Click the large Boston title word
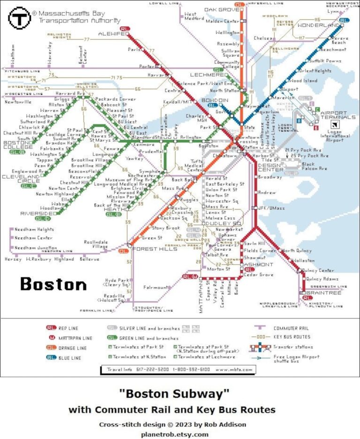tap(53, 284)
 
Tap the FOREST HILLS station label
tap(150, 249)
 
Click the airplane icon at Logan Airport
tap(335, 124)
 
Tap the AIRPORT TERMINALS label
tap(333, 116)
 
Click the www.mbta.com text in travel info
tap(233, 370)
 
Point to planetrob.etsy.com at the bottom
tap(174, 434)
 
